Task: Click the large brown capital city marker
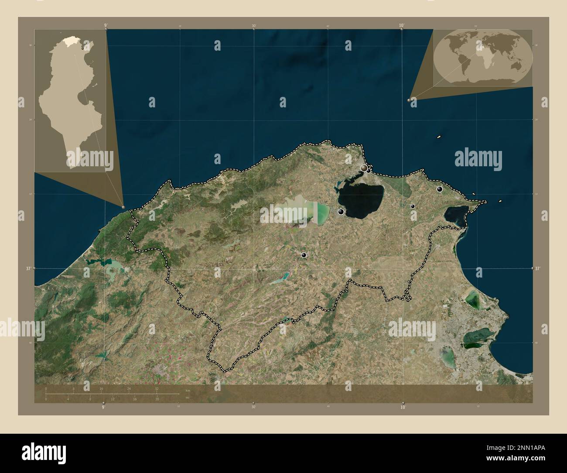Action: [x=364, y=168]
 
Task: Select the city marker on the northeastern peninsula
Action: [x=440, y=189]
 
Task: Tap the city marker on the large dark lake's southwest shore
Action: [x=341, y=212]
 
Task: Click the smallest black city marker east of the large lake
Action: [x=413, y=206]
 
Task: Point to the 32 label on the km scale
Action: [x=157, y=388]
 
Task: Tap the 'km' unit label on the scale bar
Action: [x=188, y=390]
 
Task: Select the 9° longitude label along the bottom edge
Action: [x=103, y=407]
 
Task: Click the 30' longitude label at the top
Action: [x=254, y=26]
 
